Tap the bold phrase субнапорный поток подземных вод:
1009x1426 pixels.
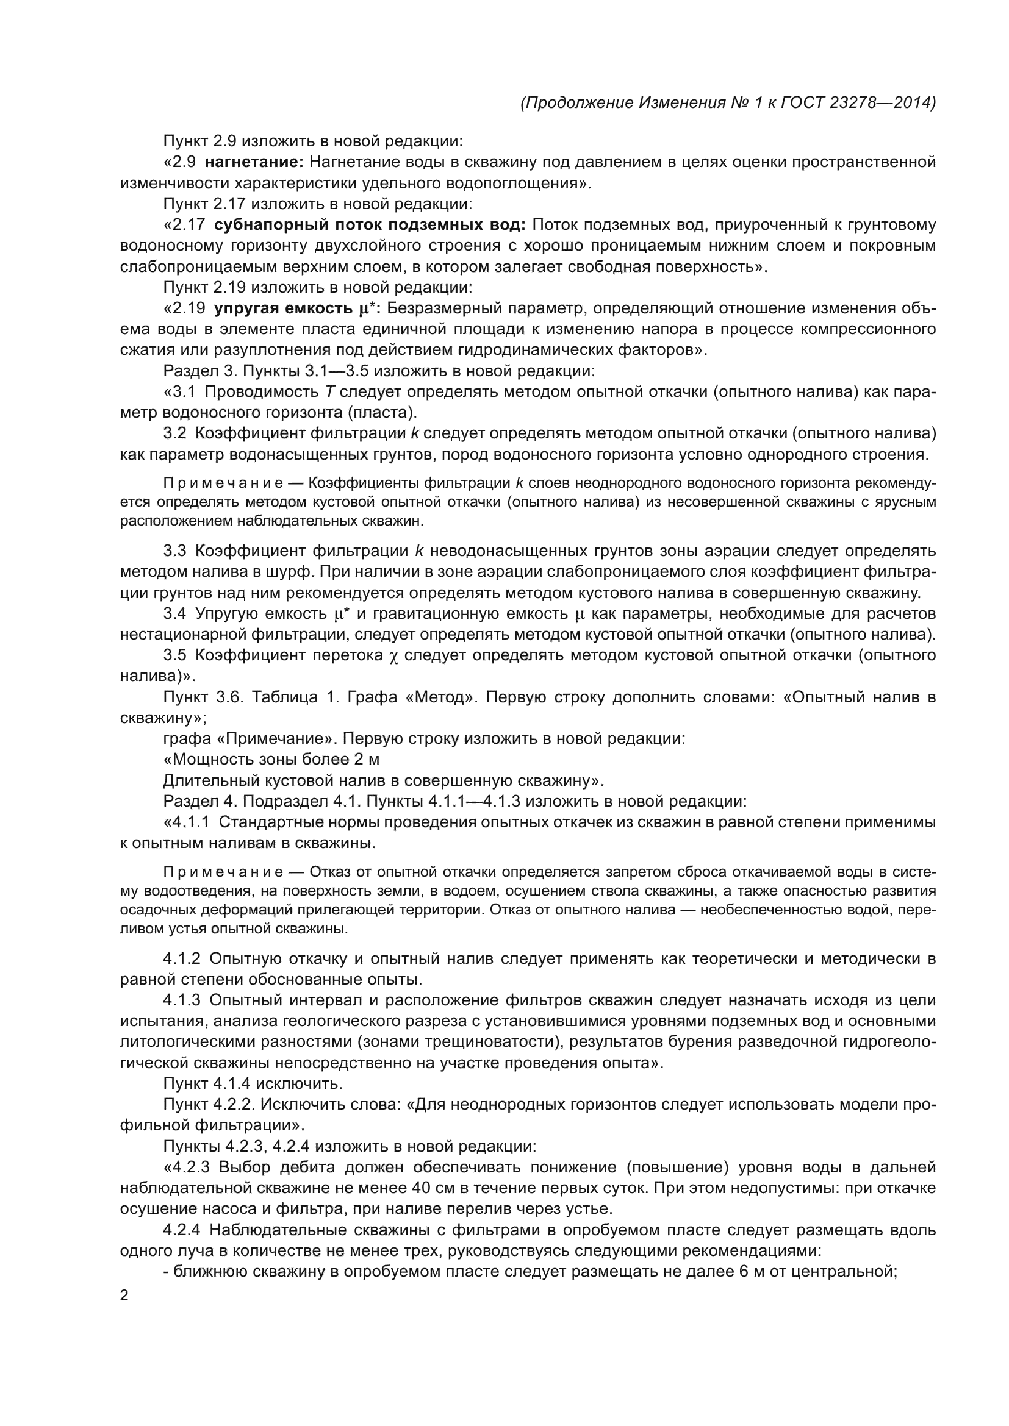pyautogui.click(x=370, y=224)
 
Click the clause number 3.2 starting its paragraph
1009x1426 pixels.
pyautogui.click(x=174, y=433)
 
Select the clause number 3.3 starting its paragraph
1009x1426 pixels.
pyautogui.click(x=174, y=551)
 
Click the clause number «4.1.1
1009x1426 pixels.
pyautogui.click(x=187, y=822)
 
